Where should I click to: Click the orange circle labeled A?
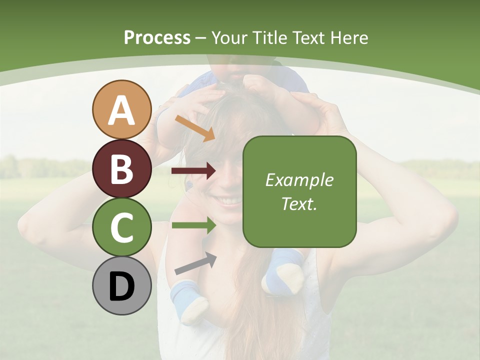121,109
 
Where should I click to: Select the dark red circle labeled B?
121,168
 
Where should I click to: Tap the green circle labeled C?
121,227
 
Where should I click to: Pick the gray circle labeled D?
121,286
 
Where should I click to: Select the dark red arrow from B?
193,171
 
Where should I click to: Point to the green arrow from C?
193,225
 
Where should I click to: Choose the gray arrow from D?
195,263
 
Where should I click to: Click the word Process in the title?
157,38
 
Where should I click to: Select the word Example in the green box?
299,180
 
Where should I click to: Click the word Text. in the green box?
299,203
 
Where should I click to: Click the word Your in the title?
229,38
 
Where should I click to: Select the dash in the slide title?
201,38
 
